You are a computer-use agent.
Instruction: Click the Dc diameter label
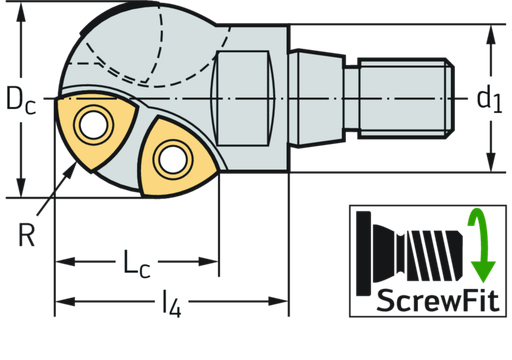coord(21,99)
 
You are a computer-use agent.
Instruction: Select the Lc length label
coord(136,263)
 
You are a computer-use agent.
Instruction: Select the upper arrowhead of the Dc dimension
coord(21,28)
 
